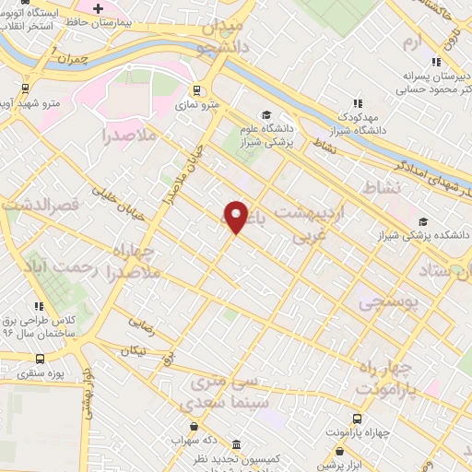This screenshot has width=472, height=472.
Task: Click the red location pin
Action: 236,216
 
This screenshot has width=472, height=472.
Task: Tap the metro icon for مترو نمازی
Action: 195,90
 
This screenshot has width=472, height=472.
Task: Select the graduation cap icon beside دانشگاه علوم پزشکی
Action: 265,115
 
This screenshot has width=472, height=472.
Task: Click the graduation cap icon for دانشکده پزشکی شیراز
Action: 423,221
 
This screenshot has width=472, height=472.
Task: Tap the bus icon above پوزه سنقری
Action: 39,359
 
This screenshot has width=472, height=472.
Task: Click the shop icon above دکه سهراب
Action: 194,425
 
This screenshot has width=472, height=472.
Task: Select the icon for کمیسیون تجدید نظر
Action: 237,444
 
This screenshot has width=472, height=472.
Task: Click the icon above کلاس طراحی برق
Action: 38,306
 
